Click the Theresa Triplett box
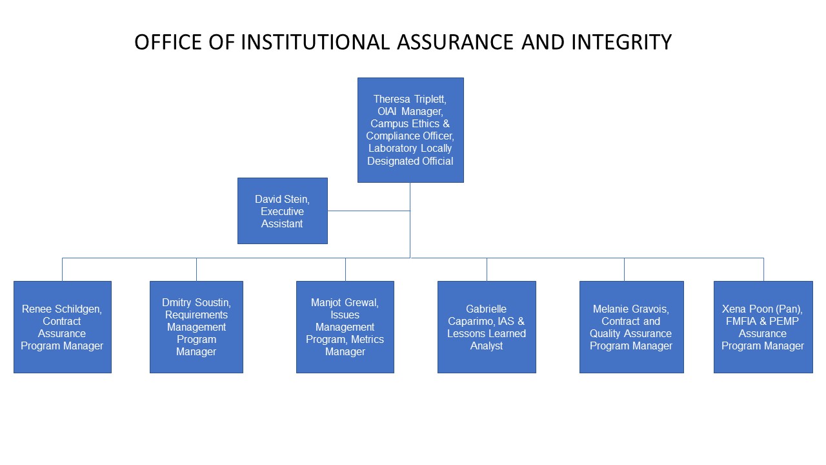[x=410, y=130]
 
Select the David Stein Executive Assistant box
[x=282, y=211]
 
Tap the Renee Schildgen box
[x=62, y=327]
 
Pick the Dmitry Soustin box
[x=196, y=327]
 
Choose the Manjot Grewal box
[x=345, y=327]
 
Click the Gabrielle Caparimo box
[x=487, y=327]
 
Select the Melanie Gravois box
[x=631, y=327]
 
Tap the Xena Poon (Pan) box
[x=763, y=327]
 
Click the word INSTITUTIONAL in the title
[x=315, y=42]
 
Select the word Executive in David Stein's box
[x=282, y=211]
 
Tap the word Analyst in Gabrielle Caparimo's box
[x=487, y=346]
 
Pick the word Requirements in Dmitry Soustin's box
[x=196, y=315]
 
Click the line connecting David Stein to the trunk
[x=368, y=211]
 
